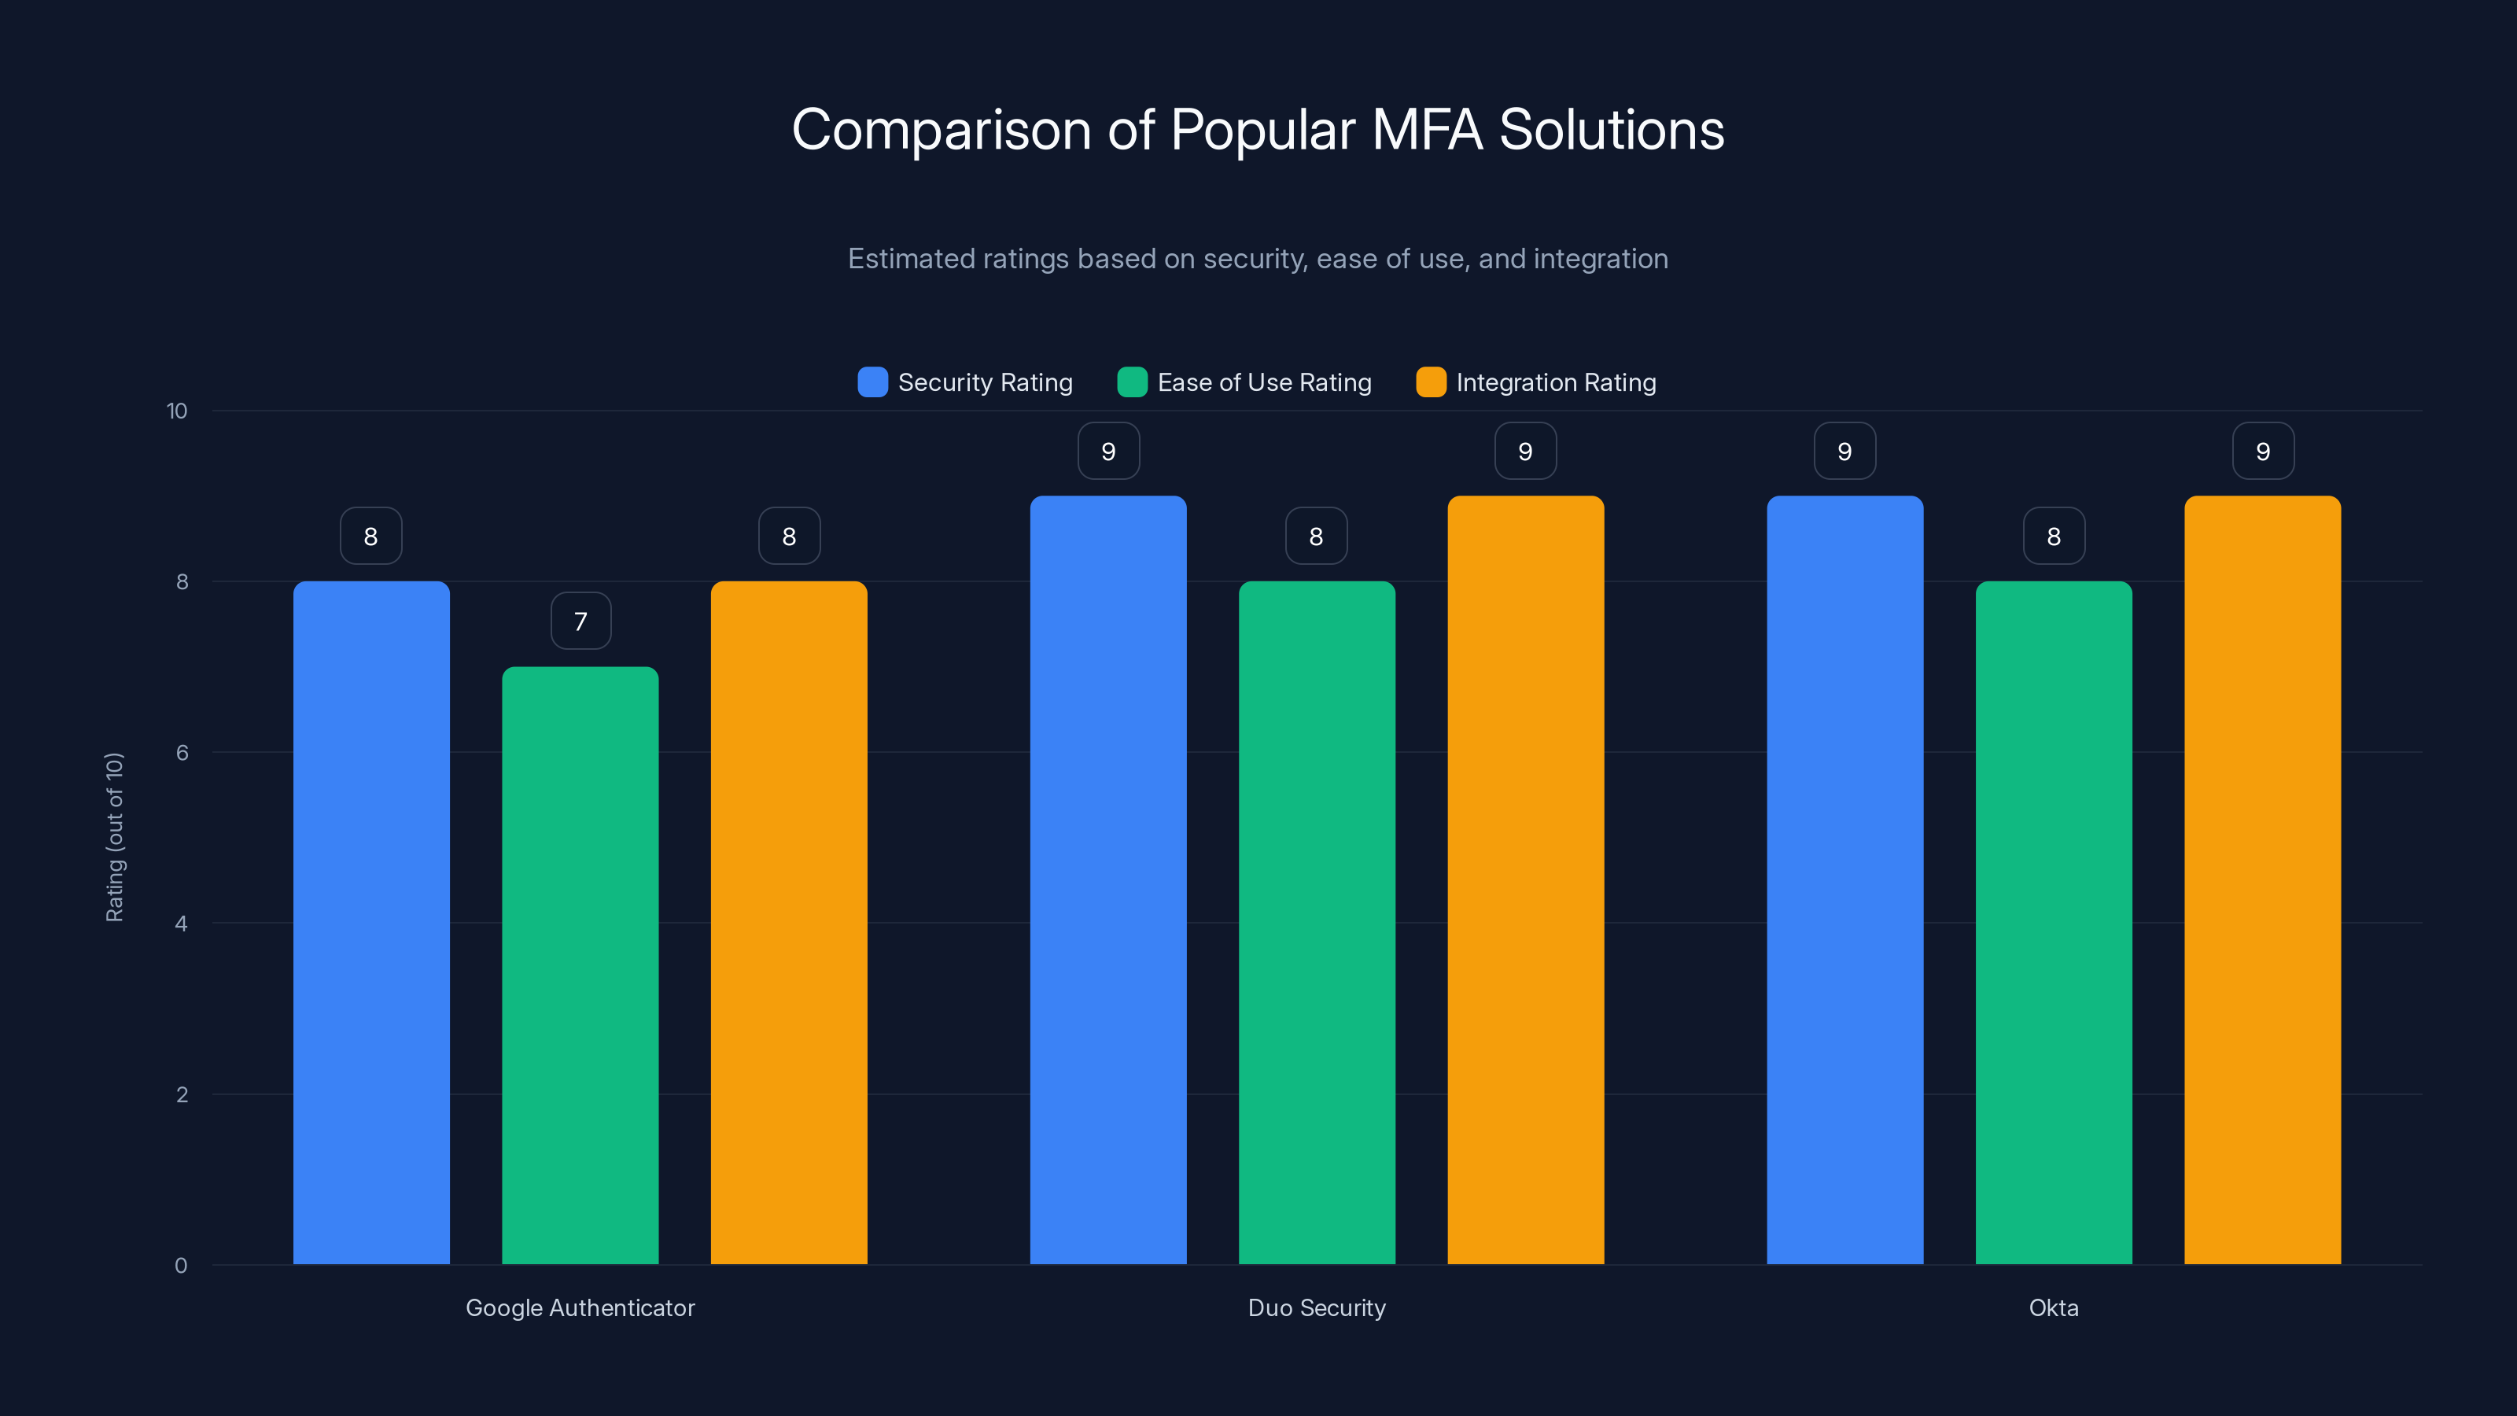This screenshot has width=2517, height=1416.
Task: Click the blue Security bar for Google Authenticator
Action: click(371, 923)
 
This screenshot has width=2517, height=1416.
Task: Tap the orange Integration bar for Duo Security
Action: click(1525, 879)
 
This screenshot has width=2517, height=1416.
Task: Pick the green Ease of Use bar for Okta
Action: click(2054, 923)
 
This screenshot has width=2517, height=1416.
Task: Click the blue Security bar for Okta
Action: click(1844, 879)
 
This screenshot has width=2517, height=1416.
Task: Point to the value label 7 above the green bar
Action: click(580, 621)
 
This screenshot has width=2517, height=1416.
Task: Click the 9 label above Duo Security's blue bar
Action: click(1108, 452)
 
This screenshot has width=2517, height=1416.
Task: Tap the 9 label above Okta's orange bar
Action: click(2263, 452)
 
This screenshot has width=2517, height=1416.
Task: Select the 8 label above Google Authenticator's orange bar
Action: click(788, 537)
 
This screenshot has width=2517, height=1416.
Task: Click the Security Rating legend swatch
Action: click(872, 382)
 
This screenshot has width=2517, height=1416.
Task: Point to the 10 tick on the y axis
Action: click(177, 411)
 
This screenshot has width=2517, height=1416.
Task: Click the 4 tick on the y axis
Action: click(181, 924)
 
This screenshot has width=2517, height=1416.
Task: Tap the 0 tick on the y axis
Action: click(181, 1266)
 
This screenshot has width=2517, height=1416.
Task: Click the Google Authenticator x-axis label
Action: click(580, 1307)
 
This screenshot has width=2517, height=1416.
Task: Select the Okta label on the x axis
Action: click(2054, 1307)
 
